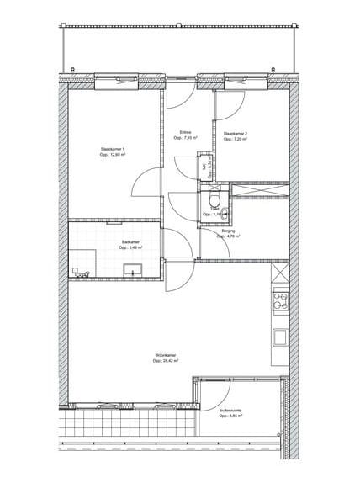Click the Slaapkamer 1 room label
112,150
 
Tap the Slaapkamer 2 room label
235,134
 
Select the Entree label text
186,132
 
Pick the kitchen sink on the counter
280,337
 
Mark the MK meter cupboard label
204,167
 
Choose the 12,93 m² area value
112,156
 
